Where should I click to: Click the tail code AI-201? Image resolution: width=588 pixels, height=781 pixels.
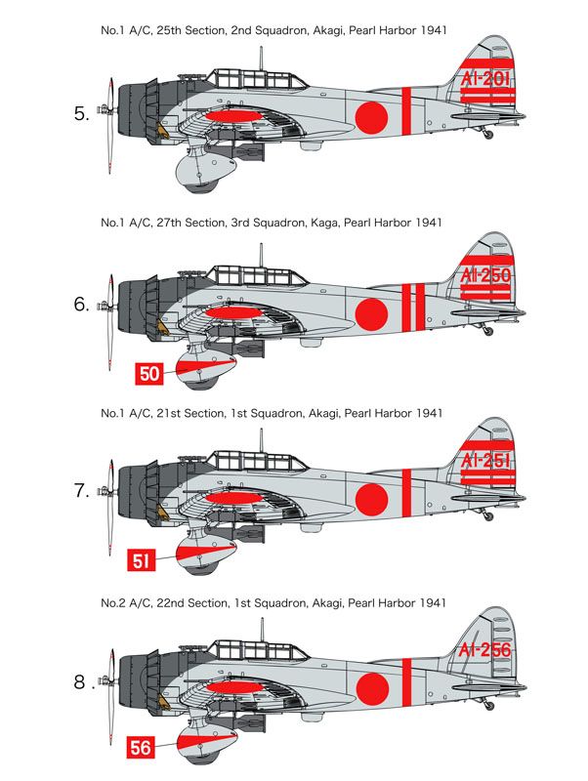click(x=487, y=79)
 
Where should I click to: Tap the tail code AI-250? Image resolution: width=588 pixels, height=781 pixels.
click(x=487, y=275)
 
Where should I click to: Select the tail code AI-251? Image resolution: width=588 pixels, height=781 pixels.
click(x=487, y=461)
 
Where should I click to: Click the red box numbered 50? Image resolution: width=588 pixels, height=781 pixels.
click(x=148, y=374)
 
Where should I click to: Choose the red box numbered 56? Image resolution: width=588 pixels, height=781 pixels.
click(x=142, y=748)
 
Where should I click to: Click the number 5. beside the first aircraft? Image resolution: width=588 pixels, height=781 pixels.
click(x=82, y=114)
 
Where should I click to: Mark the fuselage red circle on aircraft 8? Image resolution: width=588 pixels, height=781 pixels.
click(x=372, y=689)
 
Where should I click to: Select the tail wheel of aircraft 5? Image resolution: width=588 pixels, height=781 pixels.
click(x=488, y=135)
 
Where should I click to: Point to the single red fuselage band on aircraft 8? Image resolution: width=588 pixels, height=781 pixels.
click(x=406, y=681)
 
